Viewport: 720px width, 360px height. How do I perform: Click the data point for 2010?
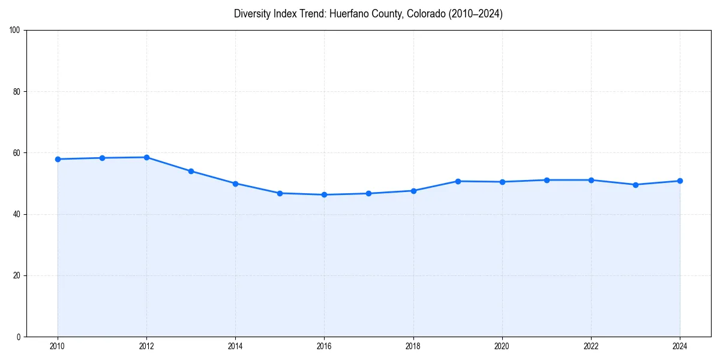58,159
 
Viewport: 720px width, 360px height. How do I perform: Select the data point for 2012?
146,157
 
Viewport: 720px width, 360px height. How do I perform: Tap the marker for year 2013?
191,171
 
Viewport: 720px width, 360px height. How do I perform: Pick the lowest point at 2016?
324,194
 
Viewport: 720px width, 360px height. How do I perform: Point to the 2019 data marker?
458,181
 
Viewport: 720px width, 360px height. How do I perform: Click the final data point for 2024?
680,181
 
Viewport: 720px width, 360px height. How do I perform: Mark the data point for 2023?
635,185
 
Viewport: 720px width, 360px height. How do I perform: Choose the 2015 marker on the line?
280,193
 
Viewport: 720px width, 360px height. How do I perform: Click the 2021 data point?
547,180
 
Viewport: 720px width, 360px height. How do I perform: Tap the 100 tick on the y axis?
16,31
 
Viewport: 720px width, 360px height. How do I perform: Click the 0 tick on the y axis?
19,337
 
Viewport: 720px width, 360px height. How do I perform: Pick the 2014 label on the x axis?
235,346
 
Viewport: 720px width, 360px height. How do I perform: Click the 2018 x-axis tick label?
413,346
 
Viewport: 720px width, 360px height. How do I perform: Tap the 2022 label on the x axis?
591,346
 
